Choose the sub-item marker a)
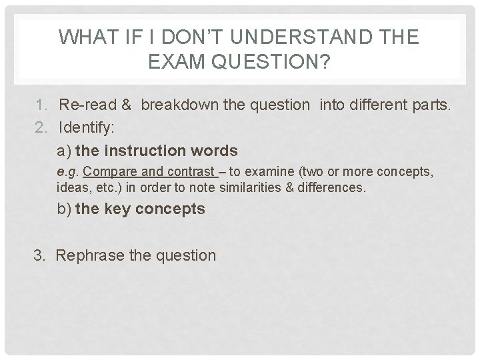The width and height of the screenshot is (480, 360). [65, 150]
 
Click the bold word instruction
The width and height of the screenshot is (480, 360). [149, 150]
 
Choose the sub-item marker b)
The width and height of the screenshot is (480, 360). [65, 209]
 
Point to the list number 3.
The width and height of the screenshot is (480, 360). [39, 255]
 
